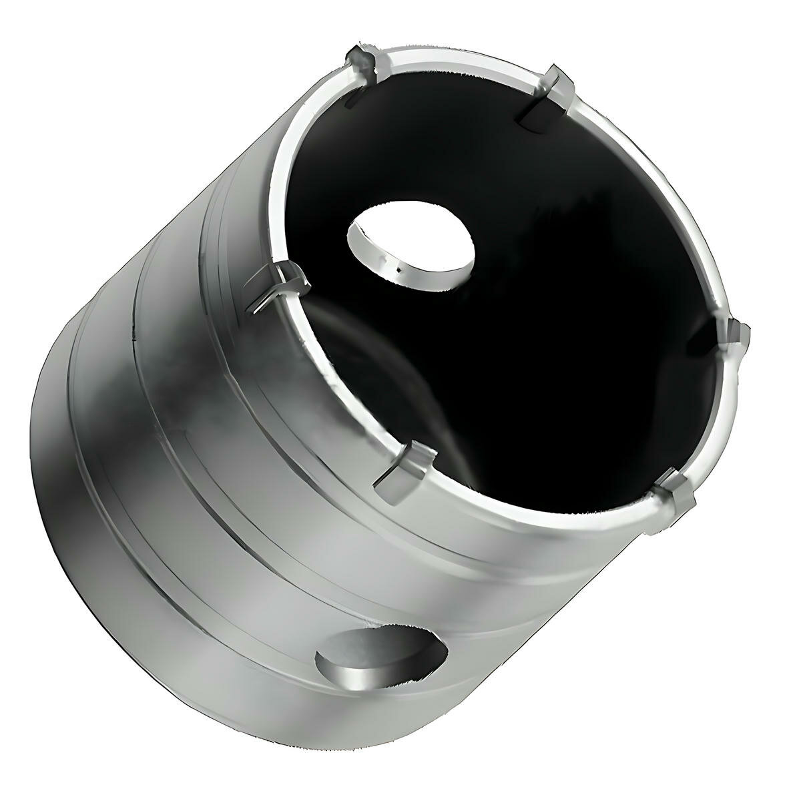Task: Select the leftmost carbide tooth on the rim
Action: click(277, 284)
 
